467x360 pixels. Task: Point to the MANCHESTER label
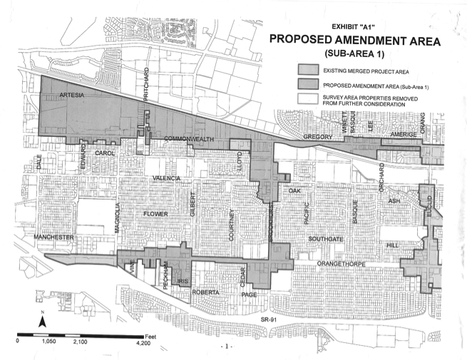54,237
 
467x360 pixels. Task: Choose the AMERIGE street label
402,135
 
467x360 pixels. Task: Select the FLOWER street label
155,213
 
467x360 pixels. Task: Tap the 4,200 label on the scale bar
143,342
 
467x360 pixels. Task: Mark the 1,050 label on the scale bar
48,342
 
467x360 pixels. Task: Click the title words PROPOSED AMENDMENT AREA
354,41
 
